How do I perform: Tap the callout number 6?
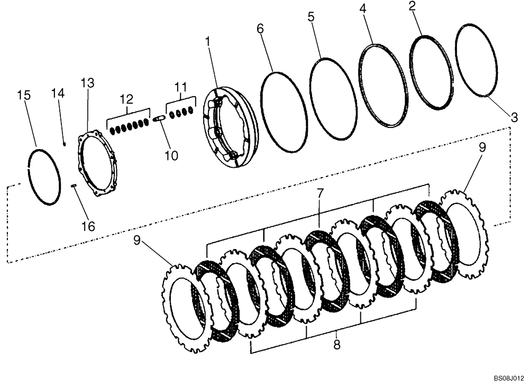(x=260, y=29)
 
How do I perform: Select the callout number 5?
(x=311, y=16)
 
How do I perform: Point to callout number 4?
(x=362, y=9)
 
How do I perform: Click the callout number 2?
(x=412, y=6)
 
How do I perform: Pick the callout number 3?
(x=514, y=117)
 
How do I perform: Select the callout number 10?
(x=171, y=155)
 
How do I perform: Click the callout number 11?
(x=181, y=87)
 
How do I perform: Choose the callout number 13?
(x=87, y=83)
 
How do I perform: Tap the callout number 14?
(x=58, y=93)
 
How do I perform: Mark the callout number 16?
(x=88, y=226)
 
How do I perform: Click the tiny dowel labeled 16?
(x=74, y=184)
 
